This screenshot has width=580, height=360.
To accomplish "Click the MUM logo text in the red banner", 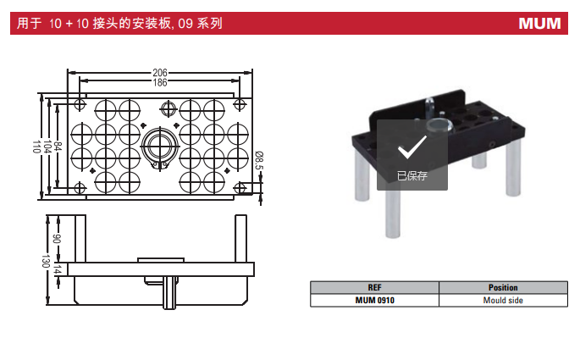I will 539,24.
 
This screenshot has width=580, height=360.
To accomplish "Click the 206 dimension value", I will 160,73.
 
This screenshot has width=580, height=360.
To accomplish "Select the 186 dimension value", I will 160,82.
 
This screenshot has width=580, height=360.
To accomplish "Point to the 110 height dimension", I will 36,145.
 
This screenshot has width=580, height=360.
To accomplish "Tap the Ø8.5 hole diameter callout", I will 259,158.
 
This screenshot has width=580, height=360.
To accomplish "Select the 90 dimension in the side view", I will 58,239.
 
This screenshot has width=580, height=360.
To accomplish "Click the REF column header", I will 374,288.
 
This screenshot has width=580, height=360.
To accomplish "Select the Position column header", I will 503,288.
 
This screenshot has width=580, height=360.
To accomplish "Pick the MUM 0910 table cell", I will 374,300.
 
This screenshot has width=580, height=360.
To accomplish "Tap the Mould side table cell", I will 503,300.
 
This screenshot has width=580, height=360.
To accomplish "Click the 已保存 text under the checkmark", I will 412,176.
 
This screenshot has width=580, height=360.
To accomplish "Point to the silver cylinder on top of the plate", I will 439,128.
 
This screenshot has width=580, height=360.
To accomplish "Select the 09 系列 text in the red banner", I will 202,24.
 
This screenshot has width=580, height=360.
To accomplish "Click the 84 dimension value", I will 58,145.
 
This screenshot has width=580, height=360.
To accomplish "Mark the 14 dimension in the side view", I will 58,269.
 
